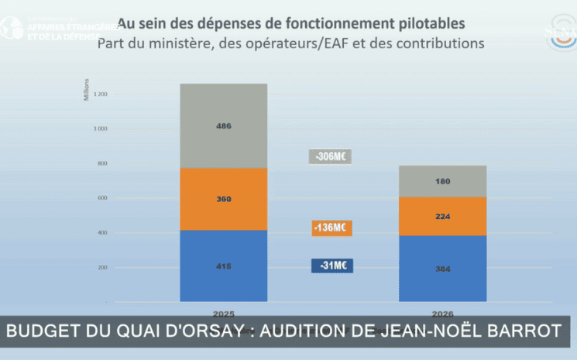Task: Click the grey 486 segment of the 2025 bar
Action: [x=223, y=125]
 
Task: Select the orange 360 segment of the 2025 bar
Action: [x=223, y=199]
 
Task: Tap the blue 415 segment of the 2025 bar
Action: [x=223, y=266]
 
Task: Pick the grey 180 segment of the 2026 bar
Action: [x=442, y=181]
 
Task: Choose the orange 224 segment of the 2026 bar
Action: [x=442, y=217]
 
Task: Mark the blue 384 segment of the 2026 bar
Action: [x=442, y=269]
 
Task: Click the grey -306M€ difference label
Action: [x=331, y=156]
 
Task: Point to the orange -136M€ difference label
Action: [x=331, y=228]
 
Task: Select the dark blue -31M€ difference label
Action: [x=332, y=266]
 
